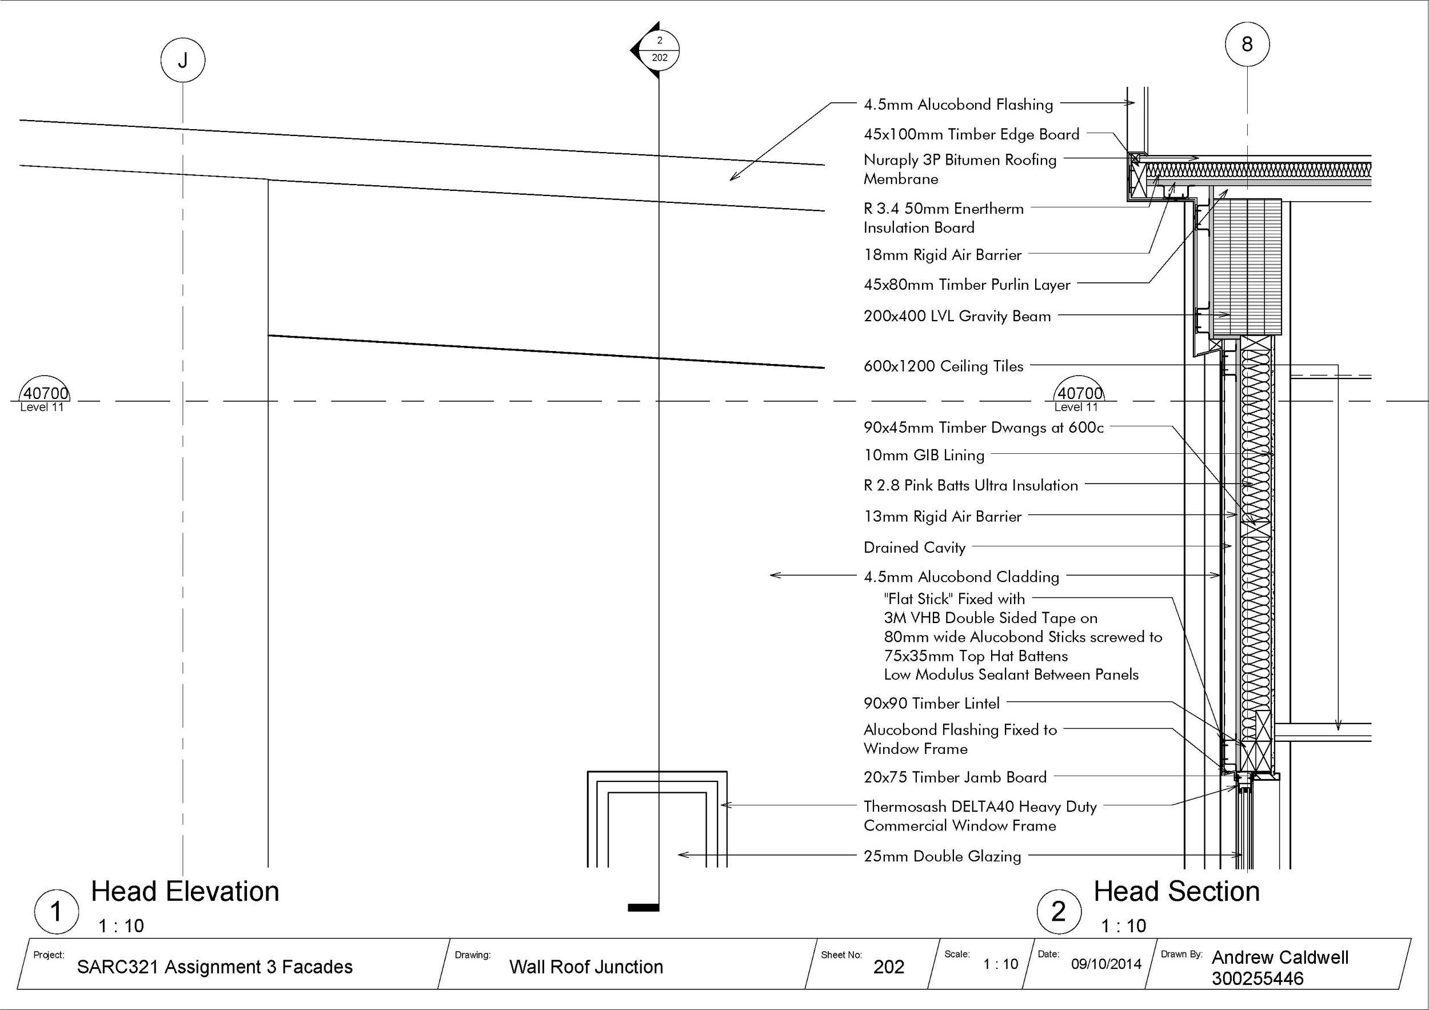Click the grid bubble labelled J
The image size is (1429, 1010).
(x=182, y=61)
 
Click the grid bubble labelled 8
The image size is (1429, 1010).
(x=1247, y=44)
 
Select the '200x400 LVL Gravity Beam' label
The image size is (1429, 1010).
(x=957, y=316)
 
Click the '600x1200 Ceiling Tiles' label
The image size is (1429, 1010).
(x=943, y=366)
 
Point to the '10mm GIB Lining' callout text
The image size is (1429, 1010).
(x=924, y=455)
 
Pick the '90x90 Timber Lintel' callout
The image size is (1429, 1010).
(x=931, y=703)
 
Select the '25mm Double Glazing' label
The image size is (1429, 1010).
(x=941, y=856)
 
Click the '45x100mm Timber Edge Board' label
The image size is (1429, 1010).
(x=971, y=134)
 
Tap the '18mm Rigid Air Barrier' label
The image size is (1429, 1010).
(x=943, y=255)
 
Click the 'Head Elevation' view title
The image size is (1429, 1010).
(x=185, y=892)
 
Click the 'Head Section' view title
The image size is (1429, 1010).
(x=1176, y=892)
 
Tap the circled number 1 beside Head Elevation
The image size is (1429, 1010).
(x=56, y=912)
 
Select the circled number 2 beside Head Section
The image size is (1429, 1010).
(x=1059, y=912)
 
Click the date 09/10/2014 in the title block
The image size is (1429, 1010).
(x=1106, y=964)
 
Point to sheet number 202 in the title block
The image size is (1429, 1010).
(x=888, y=967)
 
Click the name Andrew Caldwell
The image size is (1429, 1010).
(x=1280, y=957)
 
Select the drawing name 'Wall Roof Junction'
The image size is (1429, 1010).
(x=586, y=967)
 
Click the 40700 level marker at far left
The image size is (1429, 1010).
(x=45, y=394)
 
